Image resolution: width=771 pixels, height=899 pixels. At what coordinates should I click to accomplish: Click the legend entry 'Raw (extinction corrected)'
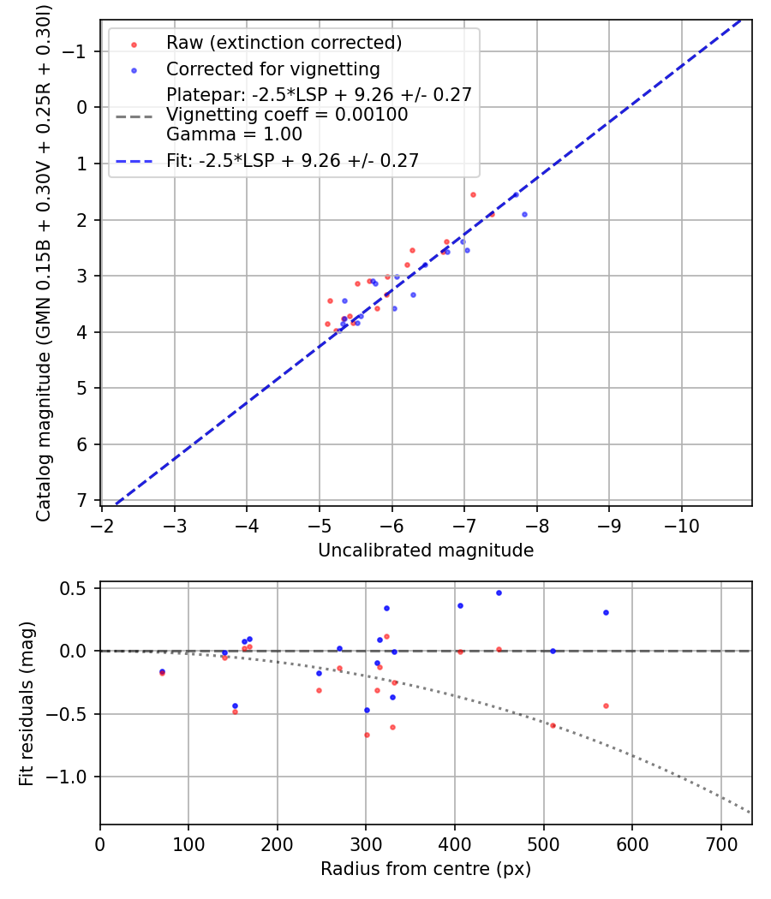(284, 43)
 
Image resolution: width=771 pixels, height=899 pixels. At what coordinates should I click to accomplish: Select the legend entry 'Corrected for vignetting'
(272, 68)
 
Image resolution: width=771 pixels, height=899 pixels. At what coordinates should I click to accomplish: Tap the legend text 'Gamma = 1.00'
(234, 134)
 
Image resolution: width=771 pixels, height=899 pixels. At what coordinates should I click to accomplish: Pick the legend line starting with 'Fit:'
(292, 161)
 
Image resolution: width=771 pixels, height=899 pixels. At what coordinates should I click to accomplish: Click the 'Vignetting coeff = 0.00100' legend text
(287, 115)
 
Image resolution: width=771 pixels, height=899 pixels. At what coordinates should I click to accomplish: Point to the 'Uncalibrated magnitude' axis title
(426, 551)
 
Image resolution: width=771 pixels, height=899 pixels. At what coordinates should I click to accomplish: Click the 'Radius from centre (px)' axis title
(426, 869)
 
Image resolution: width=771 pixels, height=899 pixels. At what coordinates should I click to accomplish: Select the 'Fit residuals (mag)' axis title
(27, 704)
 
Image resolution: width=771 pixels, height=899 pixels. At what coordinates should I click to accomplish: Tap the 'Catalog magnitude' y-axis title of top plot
(44, 262)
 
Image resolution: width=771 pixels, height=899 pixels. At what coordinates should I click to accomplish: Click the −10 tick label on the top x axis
(681, 523)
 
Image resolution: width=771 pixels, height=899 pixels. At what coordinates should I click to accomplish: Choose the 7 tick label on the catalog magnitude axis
(82, 500)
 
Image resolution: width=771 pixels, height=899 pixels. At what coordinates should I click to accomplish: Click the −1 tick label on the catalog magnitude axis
(77, 51)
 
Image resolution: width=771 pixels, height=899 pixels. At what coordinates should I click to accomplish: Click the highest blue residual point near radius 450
(499, 592)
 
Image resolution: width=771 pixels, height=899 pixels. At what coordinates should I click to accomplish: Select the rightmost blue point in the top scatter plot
(524, 214)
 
